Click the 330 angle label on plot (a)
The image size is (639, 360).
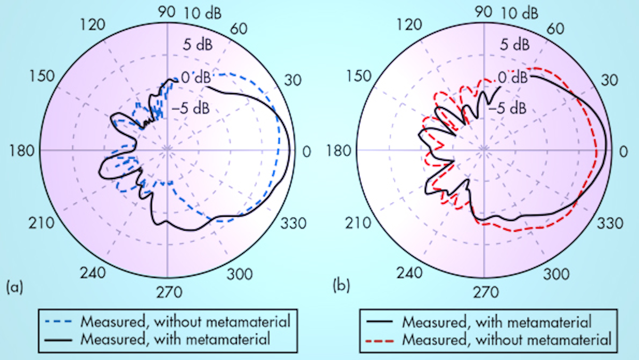pyautogui.click(x=294, y=223)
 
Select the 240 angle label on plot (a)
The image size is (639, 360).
pyautogui.click(x=94, y=274)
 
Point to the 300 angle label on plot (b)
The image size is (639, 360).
pyautogui.click(x=556, y=274)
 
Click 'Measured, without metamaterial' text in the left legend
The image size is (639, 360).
pyautogui.click(x=185, y=322)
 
